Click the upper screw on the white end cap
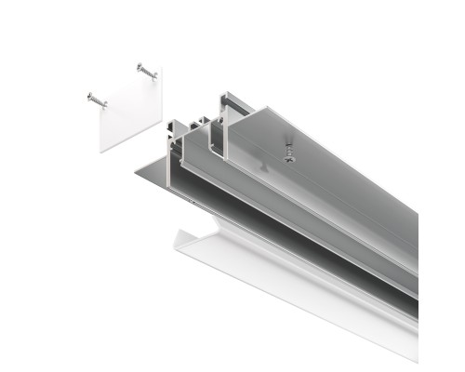tap(147, 72)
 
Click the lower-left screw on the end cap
tap(97, 98)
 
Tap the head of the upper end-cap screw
tap(140, 67)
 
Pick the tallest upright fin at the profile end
tap(222, 126)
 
